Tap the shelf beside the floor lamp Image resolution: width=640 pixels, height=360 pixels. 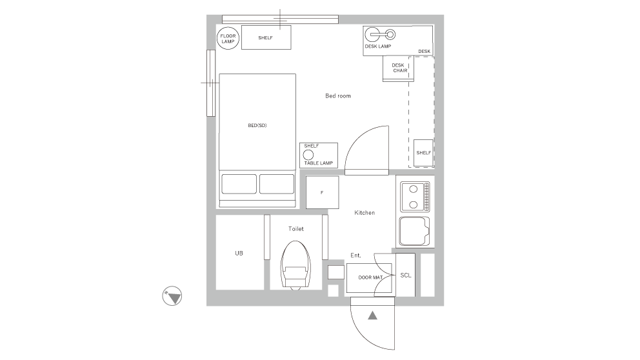[x=266, y=37]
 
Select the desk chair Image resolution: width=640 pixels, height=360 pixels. [x=399, y=68]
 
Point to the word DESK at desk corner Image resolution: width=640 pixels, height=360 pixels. [x=424, y=51]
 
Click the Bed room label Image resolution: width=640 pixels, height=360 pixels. [x=337, y=96]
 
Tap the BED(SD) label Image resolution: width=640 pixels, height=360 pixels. [x=257, y=125]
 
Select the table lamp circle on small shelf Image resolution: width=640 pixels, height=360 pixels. [x=308, y=155]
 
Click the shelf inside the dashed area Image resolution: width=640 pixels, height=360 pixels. [x=423, y=153]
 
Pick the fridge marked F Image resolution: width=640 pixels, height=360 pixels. [x=322, y=192]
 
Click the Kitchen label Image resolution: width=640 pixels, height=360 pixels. [x=365, y=213]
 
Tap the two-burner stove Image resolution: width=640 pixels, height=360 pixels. [x=415, y=197]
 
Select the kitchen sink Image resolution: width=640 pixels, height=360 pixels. [x=415, y=231]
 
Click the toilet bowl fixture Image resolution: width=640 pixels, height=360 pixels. [x=296, y=265]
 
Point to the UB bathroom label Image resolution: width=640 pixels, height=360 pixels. [x=239, y=254]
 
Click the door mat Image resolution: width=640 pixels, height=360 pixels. [x=370, y=278]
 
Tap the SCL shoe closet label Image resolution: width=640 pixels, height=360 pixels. [x=405, y=275]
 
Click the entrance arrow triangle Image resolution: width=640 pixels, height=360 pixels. [x=372, y=315]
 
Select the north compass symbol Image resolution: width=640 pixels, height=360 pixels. [x=172, y=296]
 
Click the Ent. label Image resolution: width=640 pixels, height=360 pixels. [x=355, y=255]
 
